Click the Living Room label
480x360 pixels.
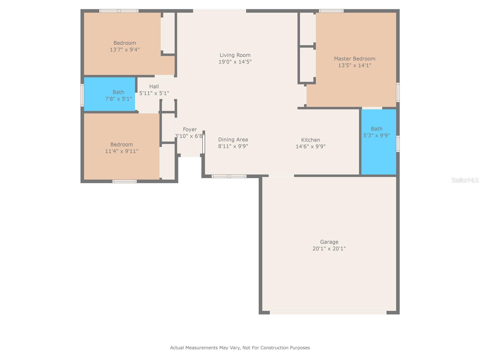pyautogui.click(x=235, y=55)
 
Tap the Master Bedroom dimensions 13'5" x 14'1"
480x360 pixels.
pyautogui.click(x=355, y=65)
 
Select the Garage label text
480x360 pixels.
pyautogui.click(x=329, y=242)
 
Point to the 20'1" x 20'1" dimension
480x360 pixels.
pyautogui.click(x=329, y=249)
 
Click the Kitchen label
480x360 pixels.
pyautogui.click(x=310, y=140)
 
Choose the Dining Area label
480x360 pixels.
pyautogui.click(x=233, y=139)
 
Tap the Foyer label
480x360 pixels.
pyautogui.click(x=190, y=129)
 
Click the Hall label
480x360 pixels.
pyautogui.click(x=154, y=86)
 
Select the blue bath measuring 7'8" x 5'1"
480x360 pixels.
pyautogui.click(x=109, y=94)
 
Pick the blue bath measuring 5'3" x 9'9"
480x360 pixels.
pyautogui.click(x=379, y=142)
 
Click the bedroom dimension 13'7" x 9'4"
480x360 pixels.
pyautogui.click(x=124, y=50)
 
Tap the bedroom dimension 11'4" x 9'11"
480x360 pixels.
pyautogui.click(x=121, y=151)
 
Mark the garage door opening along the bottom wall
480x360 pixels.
pyautogui.click(x=328, y=313)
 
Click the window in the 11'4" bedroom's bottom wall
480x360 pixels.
pyautogui.click(x=124, y=181)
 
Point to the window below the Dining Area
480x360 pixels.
pyautogui.click(x=229, y=176)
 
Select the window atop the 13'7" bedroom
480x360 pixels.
pyautogui.click(x=119, y=11)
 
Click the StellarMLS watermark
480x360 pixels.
pyautogui.click(x=465, y=180)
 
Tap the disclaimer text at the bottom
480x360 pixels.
pyautogui.click(x=240, y=348)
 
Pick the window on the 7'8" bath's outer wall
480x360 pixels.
pyautogui.click(x=82, y=95)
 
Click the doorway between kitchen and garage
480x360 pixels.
pyautogui.click(x=281, y=176)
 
